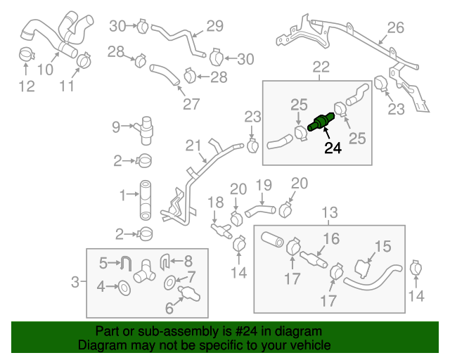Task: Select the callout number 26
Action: click(395, 28)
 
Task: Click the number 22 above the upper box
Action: click(321, 67)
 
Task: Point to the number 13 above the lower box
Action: click(329, 212)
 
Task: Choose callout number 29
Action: click(214, 27)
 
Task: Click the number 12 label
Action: click(26, 86)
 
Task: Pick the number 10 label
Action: click(44, 70)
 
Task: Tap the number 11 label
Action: click(67, 86)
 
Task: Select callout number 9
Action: click(116, 127)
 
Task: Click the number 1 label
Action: click(122, 194)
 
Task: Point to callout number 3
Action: click(76, 283)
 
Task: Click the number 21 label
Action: click(194, 146)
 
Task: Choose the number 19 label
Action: click(262, 186)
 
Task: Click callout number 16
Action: click(331, 238)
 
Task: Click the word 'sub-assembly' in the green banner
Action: click(159, 331)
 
